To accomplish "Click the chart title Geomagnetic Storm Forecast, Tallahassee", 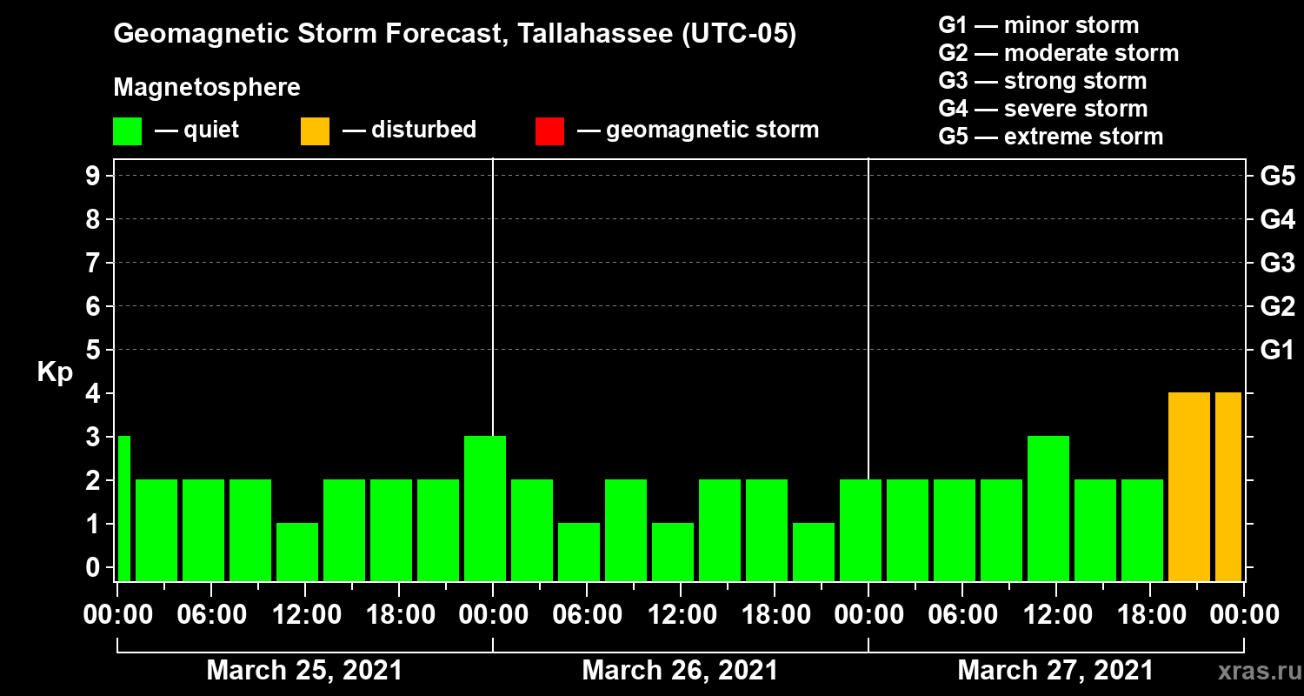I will [455, 35].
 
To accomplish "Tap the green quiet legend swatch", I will [127, 131].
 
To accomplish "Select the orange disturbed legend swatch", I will [315, 131].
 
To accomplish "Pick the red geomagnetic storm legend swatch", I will [549, 131].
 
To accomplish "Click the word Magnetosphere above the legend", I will [207, 88].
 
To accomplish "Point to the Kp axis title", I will [55, 372].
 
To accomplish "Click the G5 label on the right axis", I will [1277, 176].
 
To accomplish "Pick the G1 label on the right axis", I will [1277, 350].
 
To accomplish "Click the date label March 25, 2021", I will [304, 671].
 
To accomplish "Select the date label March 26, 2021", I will [680, 671].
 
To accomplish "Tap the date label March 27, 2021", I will [1055, 671].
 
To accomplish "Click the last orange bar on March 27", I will [1228, 486].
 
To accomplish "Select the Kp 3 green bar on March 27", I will [1048, 508].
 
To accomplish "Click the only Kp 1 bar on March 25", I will [297, 552].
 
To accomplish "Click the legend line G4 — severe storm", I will [1042, 109].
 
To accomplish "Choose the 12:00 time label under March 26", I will [681, 615].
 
